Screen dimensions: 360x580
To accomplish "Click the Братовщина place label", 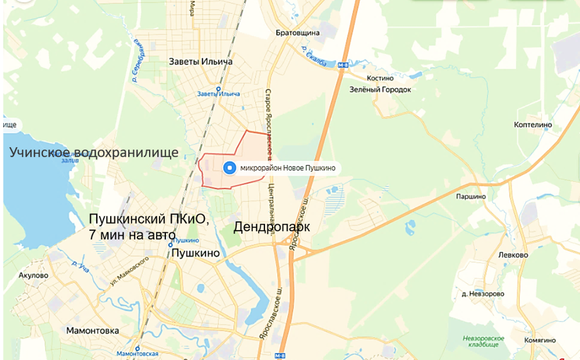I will (298, 33).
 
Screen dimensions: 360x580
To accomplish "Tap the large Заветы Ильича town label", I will (201, 61).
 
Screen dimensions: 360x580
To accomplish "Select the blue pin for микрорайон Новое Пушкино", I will (230, 168).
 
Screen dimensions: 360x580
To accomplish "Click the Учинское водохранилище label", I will (93, 152).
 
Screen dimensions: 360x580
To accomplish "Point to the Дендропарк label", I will (271, 227).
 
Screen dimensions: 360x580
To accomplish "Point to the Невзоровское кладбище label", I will (483, 341).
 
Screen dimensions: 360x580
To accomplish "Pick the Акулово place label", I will (33, 275).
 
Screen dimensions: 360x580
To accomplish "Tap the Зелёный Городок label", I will (380, 90).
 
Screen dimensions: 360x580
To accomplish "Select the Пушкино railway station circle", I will (171, 245).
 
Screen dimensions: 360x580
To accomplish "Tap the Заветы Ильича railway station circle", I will (219, 89).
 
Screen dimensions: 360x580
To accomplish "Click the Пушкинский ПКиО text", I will (148, 219).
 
